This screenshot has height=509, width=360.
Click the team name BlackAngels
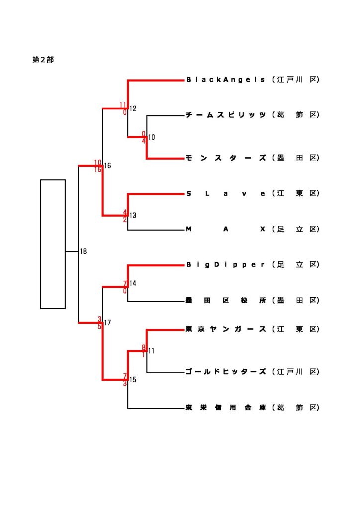click(226, 80)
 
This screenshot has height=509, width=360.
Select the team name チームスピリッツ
click(226, 115)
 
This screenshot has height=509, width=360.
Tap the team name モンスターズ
click(226, 158)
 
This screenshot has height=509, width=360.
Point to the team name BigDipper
click(226, 265)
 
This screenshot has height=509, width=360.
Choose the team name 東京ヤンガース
click(226, 329)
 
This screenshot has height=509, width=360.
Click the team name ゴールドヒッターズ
click(226, 372)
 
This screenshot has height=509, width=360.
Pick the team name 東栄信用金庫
click(226, 408)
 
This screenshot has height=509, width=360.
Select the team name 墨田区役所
click(226, 301)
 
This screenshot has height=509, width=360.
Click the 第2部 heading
click(43, 60)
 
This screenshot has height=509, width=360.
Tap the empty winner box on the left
click(53, 244)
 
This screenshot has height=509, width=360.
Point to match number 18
click(83, 252)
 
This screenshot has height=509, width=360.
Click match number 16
click(108, 166)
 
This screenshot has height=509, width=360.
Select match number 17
click(108, 323)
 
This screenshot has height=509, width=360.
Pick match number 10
click(152, 137)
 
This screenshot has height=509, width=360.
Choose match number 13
click(133, 216)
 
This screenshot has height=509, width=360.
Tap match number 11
click(151, 351)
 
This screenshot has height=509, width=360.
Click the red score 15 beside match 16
click(98, 170)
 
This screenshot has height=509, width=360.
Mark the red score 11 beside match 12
click(123, 105)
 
